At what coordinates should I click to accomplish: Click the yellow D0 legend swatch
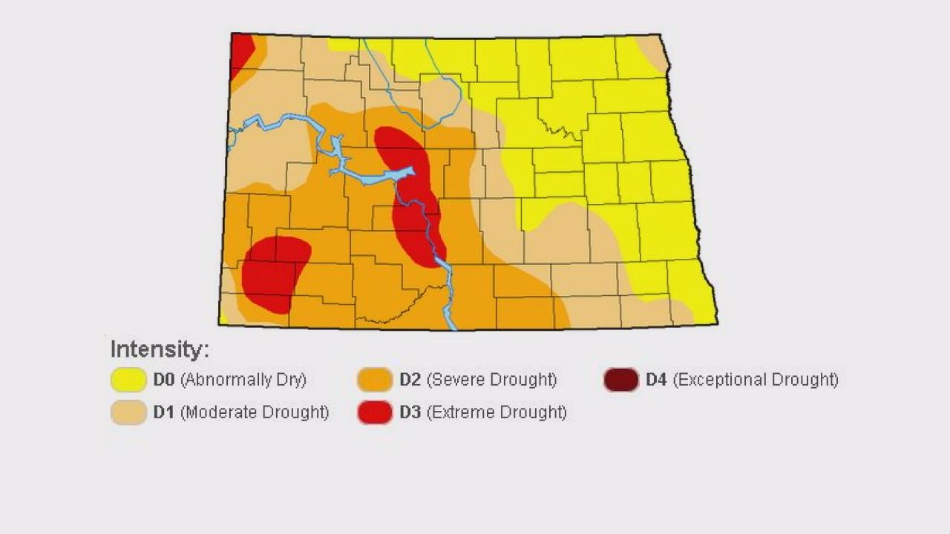pos(128,380)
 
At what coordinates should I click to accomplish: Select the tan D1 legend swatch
pos(128,412)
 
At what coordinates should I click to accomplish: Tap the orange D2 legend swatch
pos(375,380)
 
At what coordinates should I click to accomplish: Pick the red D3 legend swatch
pos(375,412)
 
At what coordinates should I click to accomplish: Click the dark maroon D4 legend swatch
pos(620,380)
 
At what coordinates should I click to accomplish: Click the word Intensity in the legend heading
pos(160,349)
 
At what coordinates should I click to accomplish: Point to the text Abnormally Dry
pos(243,380)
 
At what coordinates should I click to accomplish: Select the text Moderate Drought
pos(255,412)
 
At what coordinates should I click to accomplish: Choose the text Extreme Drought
pos(497,412)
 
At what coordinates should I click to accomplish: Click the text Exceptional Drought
pos(756,380)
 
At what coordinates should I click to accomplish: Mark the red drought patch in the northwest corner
pos(240,52)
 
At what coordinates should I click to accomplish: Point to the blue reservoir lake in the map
pos(371,177)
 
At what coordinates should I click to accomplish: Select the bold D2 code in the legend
pos(410,380)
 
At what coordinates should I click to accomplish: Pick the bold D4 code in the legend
pos(656,380)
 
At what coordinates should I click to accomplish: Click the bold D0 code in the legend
pos(163,380)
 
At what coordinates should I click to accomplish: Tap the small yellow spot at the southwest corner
pos(223,320)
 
